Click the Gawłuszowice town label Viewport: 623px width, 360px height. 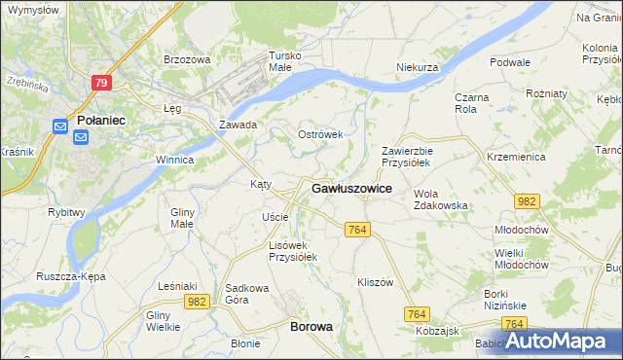[x=351, y=189]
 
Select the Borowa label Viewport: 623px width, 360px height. [x=311, y=327]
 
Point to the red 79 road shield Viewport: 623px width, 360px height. [x=101, y=84]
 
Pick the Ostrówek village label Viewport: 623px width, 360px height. [x=320, y=134]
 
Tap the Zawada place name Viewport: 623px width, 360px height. [x=238, y=125]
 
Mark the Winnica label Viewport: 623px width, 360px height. [x=175, y=160]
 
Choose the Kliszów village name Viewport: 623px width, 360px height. [x=375, y=282]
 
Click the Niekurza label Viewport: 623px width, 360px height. [x=420, y=67]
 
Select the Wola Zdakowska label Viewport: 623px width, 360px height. [x=441, y=199]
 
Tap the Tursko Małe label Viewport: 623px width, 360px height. [x=288, y=61]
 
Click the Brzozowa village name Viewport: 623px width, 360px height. [x=187, y=59]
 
